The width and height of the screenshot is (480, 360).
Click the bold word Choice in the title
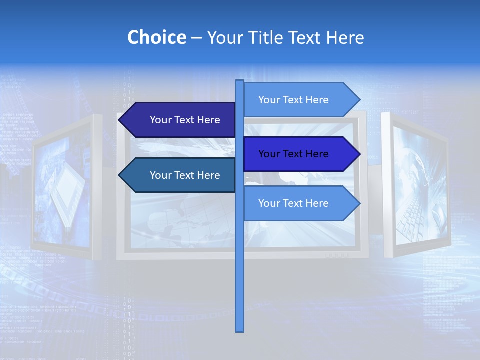156,37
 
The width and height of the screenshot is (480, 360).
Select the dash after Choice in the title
196,38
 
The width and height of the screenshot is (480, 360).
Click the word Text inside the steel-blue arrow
185,175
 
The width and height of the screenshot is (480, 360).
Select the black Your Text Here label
293,154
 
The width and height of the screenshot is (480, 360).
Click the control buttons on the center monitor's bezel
336,255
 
